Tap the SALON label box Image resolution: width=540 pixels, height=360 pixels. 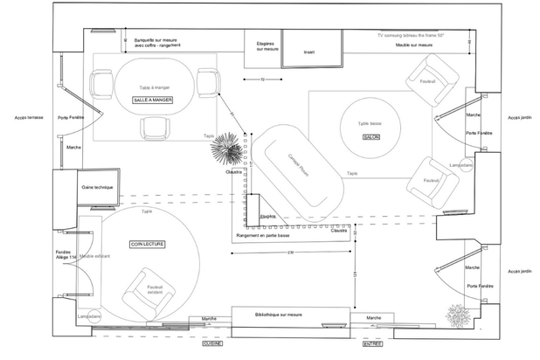tap(370, 138)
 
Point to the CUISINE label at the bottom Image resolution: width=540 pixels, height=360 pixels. tap(212, 343)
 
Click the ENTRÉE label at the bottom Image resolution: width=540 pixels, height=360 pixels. tap(372, 343)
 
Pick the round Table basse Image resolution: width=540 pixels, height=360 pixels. tap(371, 128)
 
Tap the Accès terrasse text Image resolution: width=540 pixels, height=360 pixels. tap(29, 117)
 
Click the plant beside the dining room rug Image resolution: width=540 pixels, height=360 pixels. tap(230, 149)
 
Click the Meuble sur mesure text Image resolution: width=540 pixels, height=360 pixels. tap(414, 45)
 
